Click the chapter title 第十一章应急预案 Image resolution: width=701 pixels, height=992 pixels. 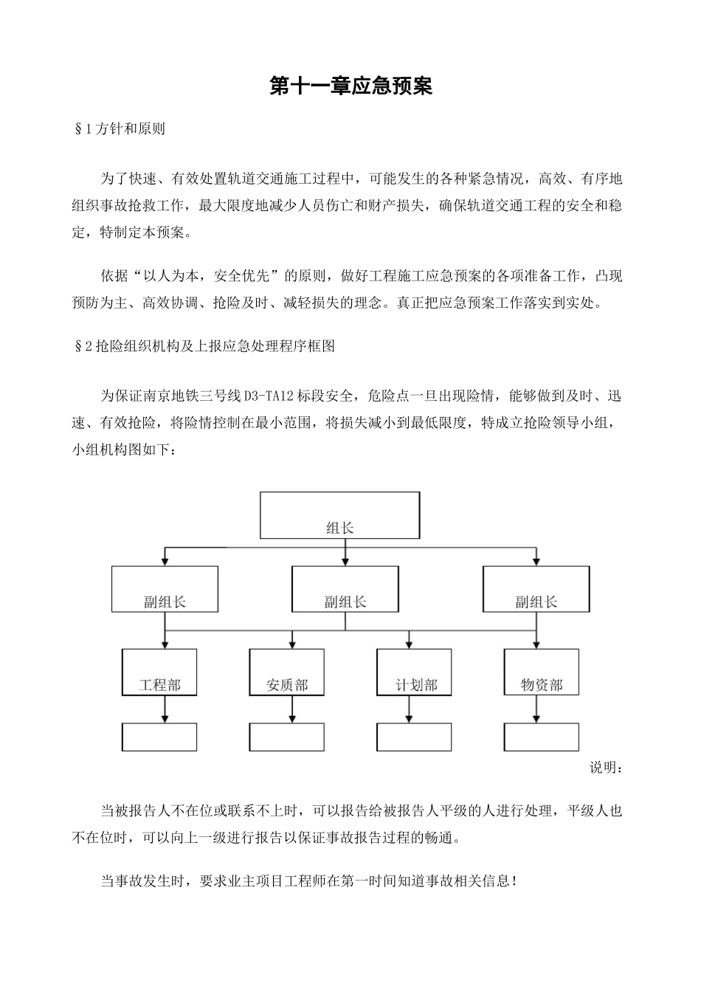coord(350,86)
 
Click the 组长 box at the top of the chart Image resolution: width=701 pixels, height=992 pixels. coord(339,515)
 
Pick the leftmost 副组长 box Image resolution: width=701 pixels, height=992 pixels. coord(165,589)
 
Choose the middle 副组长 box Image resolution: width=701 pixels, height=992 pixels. coord(345,589)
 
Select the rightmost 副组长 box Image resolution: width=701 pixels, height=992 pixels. coord(536,589)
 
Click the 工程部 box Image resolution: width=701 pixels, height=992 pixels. coord(159,672)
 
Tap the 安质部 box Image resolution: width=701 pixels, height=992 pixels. coord(287,672)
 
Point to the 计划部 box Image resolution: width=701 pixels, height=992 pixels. coord(415,672)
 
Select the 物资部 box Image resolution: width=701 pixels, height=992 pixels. coord(542,672)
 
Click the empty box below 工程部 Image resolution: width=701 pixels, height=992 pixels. coord(159,737)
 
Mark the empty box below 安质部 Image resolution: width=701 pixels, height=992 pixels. coord(287,737)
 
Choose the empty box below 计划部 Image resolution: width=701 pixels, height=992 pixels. coord(415,737)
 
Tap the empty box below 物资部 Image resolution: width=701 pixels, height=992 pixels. coord(542,737)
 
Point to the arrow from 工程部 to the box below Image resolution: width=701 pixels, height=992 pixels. coord(165,709)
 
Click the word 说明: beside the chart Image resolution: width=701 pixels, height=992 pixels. coord(605,768)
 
